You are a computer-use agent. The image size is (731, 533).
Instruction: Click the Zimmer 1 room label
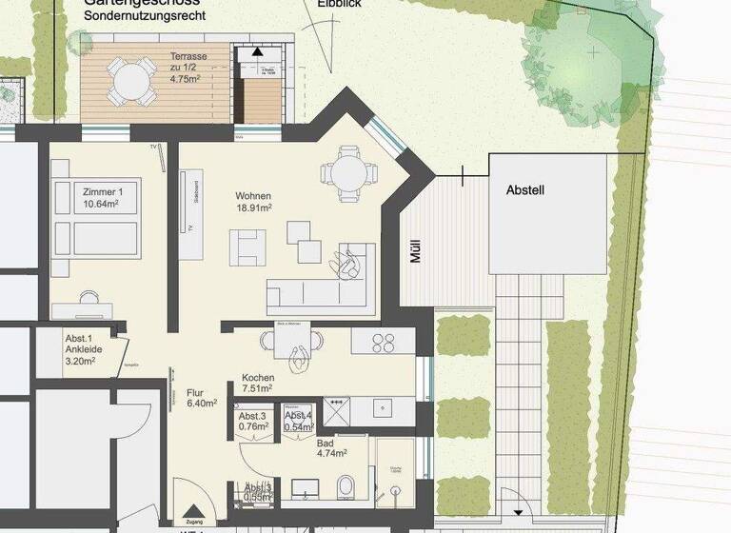[104, 197]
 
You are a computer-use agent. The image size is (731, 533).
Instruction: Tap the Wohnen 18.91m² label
[254, 201]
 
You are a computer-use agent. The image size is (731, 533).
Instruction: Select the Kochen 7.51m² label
[258, 383]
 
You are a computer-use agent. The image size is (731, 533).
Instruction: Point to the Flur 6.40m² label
[201, 397]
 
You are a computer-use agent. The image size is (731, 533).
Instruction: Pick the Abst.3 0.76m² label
[253, 422]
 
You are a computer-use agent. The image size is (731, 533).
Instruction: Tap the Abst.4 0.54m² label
[298, 422]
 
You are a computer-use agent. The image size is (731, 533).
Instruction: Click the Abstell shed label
[524, 190]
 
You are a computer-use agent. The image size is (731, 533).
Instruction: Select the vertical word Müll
[415, 250]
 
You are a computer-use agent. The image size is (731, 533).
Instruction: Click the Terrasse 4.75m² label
[188, 68]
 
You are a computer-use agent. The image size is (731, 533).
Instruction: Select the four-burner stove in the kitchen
[384, 340]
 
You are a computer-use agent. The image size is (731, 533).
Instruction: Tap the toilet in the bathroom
[347, 484]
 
